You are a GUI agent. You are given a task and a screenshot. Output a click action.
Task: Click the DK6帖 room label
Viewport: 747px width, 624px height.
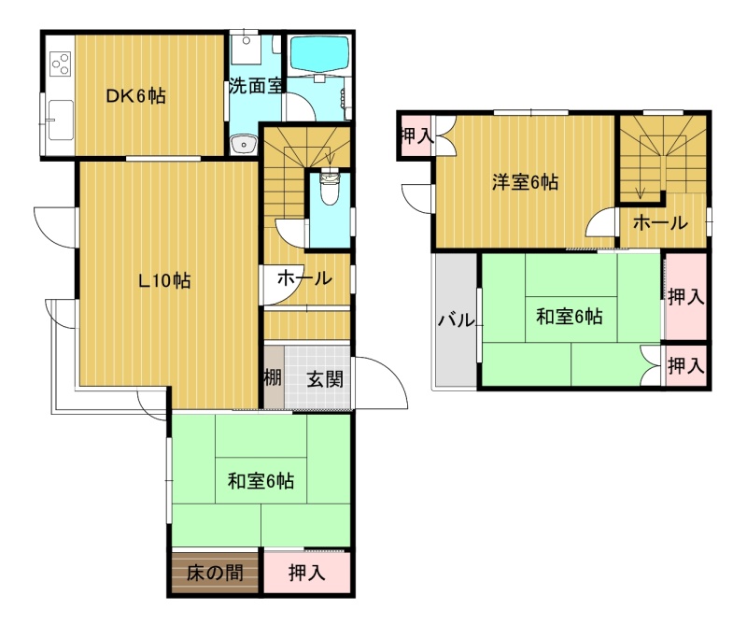(x=135, y=96)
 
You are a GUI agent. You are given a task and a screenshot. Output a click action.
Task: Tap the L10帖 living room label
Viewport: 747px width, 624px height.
(x=164, y=280)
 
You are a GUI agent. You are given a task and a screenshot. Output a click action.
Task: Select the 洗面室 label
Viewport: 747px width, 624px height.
(x=256, y=86)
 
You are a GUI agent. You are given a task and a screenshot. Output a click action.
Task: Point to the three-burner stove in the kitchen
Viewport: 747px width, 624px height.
(x=61, y=64)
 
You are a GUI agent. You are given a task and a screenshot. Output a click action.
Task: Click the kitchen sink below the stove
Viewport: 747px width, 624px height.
(x=61, y=120)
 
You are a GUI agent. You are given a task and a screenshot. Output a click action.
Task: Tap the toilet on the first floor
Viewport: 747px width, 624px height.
(x=330, y=188)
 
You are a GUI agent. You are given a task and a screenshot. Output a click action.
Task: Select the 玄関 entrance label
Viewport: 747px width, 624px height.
(x=324, y=379)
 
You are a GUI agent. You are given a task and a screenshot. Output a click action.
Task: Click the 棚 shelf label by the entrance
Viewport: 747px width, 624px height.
(x=273, y=378)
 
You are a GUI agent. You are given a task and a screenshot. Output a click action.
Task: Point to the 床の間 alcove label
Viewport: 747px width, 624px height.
(x=215, y=573)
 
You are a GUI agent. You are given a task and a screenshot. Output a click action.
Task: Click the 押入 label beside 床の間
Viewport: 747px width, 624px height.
(x=307, y=573)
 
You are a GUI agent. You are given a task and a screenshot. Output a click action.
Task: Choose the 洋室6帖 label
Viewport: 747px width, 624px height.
(x=525, y=181)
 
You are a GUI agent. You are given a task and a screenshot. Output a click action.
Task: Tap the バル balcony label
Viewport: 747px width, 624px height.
(x=457, y=319)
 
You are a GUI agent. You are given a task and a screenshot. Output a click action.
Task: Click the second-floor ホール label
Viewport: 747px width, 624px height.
(x=661, y=222)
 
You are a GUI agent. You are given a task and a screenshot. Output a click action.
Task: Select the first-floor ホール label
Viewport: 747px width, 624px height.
(x=304, y=277)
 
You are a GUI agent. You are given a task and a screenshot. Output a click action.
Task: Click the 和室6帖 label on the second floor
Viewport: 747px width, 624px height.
(x=570, y=316)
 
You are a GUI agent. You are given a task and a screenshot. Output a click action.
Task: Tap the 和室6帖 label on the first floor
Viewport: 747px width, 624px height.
(x=261, y=480)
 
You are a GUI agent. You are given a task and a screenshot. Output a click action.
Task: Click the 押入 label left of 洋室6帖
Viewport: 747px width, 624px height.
(x=417, y=136)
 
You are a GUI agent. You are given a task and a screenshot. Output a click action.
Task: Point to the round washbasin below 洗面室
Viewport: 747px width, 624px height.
(x=245, y=144)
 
